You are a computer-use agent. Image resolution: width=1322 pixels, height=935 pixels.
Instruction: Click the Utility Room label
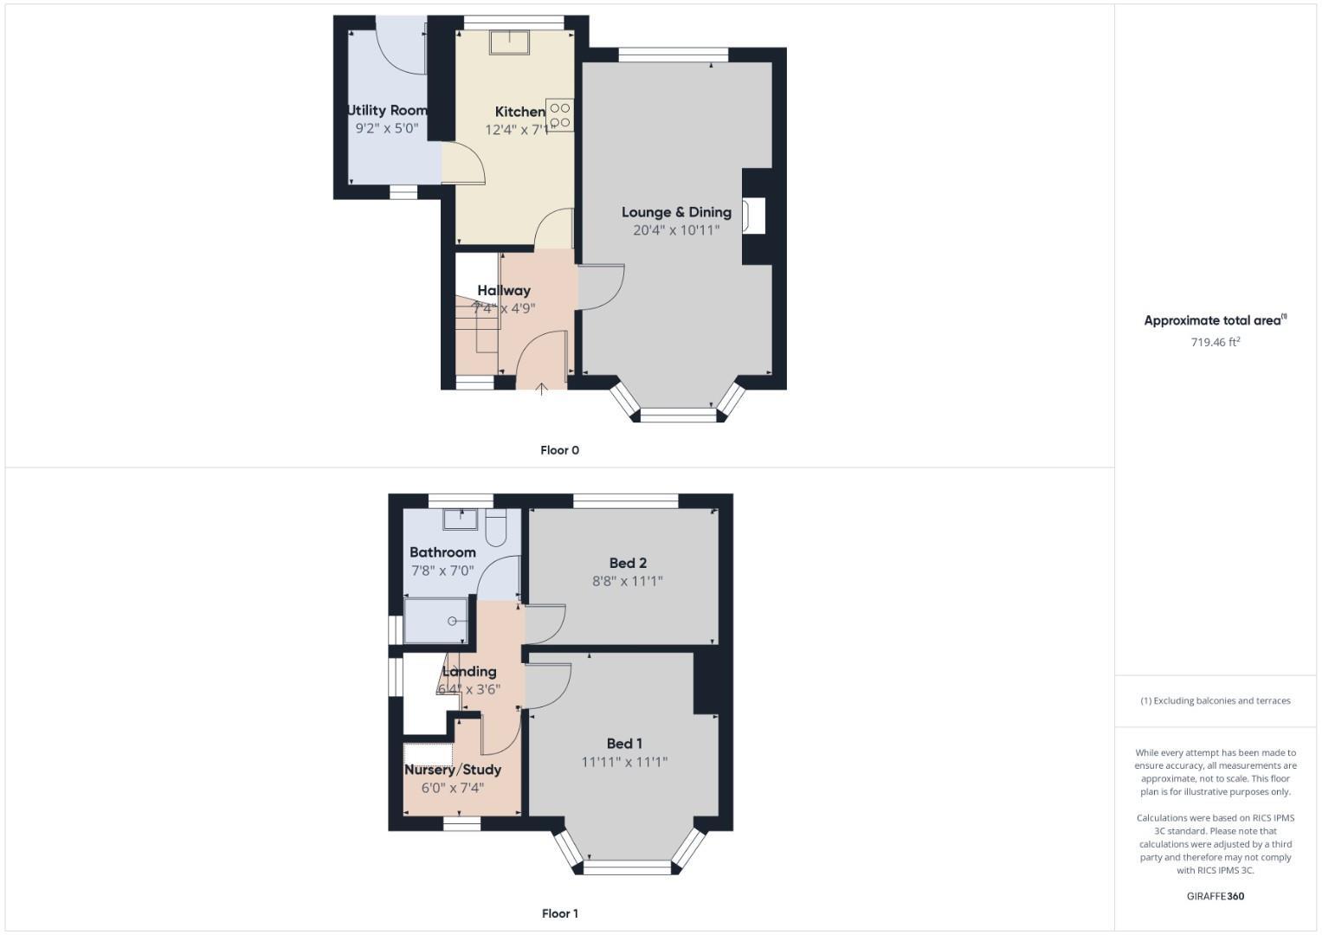tap(387, 110)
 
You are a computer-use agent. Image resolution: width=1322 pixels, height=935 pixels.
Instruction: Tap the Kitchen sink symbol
tap(509, 42)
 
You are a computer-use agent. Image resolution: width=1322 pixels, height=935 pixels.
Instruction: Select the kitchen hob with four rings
tap(559, 115)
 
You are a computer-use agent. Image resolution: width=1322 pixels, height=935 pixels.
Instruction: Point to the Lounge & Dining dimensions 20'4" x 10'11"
tap(676, 230)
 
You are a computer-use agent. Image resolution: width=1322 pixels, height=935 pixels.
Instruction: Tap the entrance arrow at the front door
tap(542, 389)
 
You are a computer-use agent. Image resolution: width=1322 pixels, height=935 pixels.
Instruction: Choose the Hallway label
tap(504, 290)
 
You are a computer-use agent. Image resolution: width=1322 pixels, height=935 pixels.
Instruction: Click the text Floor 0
tap(559, 450)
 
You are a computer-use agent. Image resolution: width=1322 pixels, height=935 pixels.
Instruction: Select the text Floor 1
tap(559, 913)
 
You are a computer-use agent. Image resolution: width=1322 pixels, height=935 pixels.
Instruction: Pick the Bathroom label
tap(442, 552)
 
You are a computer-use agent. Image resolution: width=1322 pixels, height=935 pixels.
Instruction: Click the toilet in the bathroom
tap(497, 528)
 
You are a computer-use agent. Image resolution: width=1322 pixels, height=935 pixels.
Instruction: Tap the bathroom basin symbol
tap(461, 519)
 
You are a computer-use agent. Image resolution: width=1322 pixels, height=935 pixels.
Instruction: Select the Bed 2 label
tap(628, 563)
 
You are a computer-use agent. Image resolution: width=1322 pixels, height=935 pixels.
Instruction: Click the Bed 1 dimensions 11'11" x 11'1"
tap(624, 762)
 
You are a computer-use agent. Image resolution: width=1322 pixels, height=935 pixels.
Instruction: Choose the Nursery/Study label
tap(453, 770)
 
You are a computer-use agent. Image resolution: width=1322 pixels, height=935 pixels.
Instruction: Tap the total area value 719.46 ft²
tap(1216, 342)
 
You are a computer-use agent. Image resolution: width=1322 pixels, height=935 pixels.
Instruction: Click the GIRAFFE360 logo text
tap(1216, 896)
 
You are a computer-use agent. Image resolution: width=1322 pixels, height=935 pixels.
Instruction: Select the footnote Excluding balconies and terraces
tap(1216, 700)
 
